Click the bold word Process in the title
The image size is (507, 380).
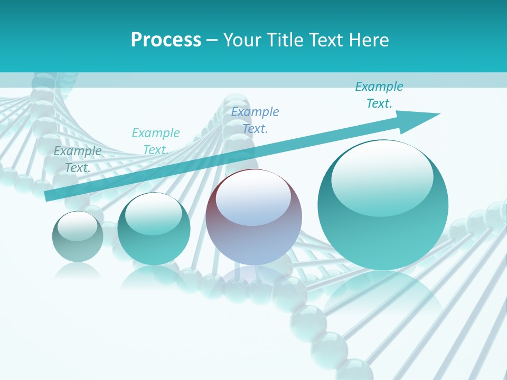coord(166,40)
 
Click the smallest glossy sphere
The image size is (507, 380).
coord(78,236)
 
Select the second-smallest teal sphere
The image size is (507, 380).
coord(154,229)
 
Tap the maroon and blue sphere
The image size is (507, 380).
coord(253,217)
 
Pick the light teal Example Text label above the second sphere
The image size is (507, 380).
coord(156,141)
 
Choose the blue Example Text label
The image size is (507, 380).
coord(255,120)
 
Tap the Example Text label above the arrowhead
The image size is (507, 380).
coord(379,95)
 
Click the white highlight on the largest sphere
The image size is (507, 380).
coord(382,177)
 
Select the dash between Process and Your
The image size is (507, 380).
coord(212,40)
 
